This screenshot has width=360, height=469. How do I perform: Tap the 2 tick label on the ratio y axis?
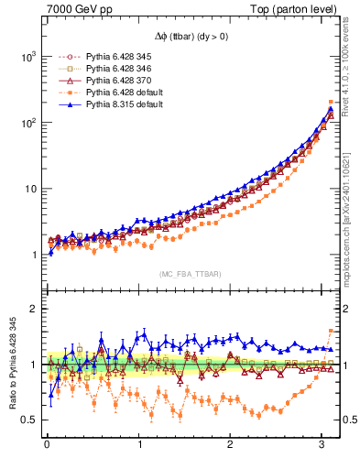31,309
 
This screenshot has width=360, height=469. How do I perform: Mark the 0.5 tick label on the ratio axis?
27,420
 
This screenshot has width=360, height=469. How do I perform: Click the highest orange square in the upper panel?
331,102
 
